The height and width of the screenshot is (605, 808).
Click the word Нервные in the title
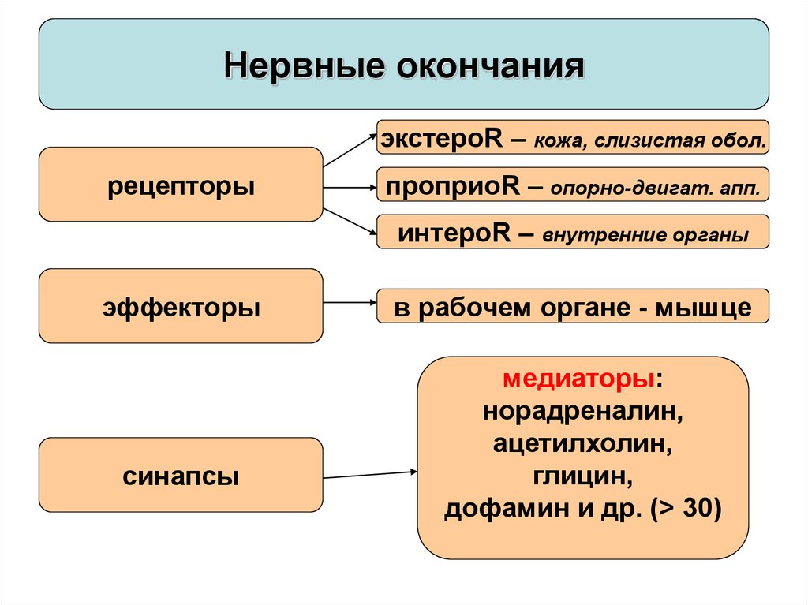pyautogui.click(x=304, y=66)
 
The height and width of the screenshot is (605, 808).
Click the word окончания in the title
pyautogui.click(x=491, y=66)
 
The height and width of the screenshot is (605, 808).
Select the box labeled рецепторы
pyautogui.click(x=181, y=185)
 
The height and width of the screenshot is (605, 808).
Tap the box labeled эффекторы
pyautogui.click(x=181, y=305)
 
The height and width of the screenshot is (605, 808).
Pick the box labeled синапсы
pyautogui.click(x=181, y=475)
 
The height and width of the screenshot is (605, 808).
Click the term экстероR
pyautogui.click(x=442, y=138)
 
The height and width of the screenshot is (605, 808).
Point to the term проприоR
pyautogui.click(x=452, y=186)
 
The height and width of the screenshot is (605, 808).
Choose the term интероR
pyautogui.click(x=454, y=233)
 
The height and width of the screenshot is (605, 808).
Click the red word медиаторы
pyautogui.click(x=578, y=379)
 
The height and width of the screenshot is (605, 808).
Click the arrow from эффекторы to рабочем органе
pyautogui.click(x=350, y=303)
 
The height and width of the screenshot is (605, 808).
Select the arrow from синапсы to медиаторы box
pyautogui.click(x=370, y=475)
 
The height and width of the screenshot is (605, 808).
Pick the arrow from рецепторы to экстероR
pyautogui.click(x=350, y=151)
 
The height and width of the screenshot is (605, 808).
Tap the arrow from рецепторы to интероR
pyautogui.click(x=350, y=222)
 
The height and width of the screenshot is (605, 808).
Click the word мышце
pyautogui.click(x=703, y=308)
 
